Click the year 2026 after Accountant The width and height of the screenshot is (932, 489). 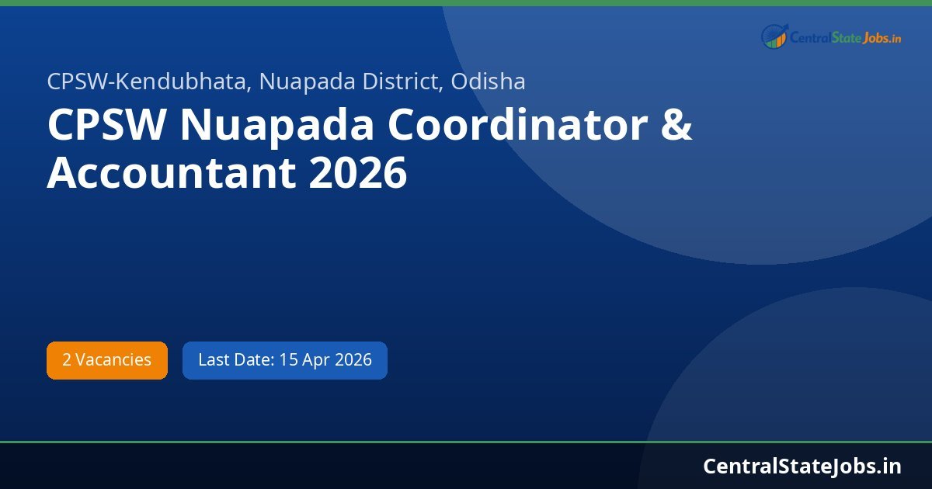pos(358,173)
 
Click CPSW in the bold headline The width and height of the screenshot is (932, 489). pos(106,125)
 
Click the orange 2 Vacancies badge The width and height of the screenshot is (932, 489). pos(107,360)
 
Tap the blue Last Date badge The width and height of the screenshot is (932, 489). pos(284,360)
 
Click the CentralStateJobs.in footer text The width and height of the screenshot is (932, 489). pos(802,466)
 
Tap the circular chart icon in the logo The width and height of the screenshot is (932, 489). pos(774,36)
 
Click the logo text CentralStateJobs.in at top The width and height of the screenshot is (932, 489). pos(845,37)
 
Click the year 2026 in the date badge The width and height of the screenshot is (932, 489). pos(353,360)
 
